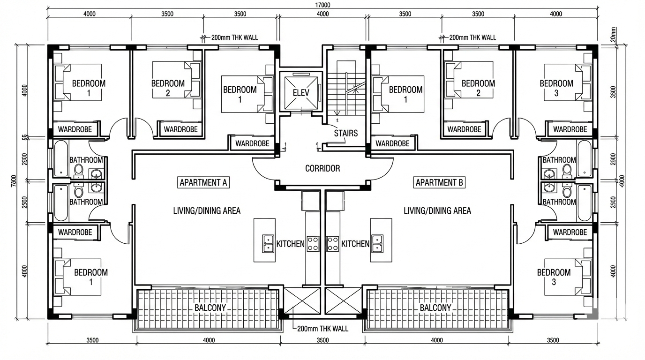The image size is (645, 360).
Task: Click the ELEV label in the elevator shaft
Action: coord(301,92)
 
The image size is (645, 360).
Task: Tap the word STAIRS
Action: coord(346,133)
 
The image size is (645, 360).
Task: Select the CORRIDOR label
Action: coord(322,168)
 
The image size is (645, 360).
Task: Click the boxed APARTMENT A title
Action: coord(203,182)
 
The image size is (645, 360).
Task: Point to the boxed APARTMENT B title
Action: coord(440,182)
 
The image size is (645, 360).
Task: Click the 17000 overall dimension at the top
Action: coord(322,5)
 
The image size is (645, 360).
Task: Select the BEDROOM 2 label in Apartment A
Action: coord(168,88)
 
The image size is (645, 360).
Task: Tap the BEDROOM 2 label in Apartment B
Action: coord(478,88)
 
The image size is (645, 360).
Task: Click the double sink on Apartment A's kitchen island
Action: coord(268,243)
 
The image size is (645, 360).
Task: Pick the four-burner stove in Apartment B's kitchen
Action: coord(333,243)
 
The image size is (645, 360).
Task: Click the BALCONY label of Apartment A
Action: coord(210,308)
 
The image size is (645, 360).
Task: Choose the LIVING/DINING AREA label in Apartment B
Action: coord(437,211)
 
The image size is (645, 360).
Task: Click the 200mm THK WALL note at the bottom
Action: coord(323,329)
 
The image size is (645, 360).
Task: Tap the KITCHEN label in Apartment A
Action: coord(291,244)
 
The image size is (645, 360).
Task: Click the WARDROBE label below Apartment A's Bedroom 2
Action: coord(180,129)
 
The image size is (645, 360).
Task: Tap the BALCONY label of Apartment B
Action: coord(435,308)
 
